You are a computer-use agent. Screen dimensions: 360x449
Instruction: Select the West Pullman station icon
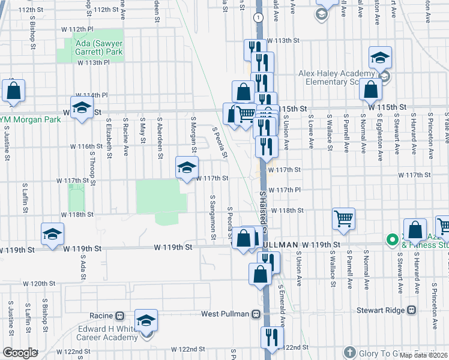pyautogui.click(x=256, y=314)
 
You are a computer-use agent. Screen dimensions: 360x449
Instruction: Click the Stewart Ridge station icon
pyautogui.click(x=411, y=310)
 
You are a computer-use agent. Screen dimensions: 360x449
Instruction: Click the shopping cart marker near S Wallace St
pyautogui.click(x=343, y=218)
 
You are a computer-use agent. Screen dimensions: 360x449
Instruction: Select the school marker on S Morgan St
pyautogui.click(x=187, y=167)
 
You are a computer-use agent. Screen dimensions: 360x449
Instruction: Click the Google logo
pyautogui.click(x=20, y=352)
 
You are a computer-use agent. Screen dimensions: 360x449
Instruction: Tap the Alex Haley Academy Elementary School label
pyautogui.click(x=336, y=77)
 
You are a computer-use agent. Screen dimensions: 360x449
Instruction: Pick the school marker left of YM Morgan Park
pyautogui.click(x=82, y=109)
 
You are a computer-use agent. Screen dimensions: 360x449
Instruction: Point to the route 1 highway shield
pyautogui.click(x=258, y=18)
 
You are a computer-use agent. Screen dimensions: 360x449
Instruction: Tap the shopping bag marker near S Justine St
pyautogui.click(x=13, y=91)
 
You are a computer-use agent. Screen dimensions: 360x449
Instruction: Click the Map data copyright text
pyautogui.click(x=424, y=355)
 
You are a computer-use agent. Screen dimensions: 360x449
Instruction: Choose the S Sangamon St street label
pyautogui.click(x=212, y=215)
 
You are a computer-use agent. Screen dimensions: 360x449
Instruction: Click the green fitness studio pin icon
pyautogui.click(x=393, y=241)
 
